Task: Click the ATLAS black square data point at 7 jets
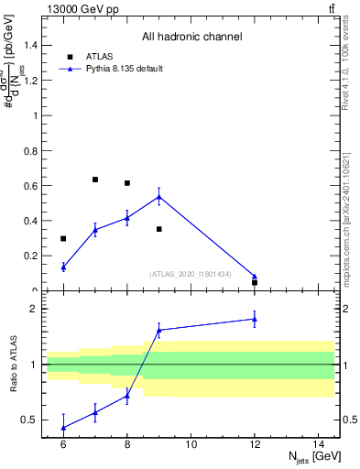95,180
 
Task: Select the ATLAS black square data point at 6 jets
63,239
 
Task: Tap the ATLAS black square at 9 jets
159,229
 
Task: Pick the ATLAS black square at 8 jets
127,183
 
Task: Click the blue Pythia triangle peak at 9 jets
159,196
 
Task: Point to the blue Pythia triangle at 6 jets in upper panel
63,267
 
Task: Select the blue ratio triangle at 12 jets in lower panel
255,319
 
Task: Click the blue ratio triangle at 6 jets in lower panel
63,427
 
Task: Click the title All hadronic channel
191,37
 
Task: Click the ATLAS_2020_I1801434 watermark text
191,274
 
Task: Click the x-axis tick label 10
191,444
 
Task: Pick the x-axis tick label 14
319,444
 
